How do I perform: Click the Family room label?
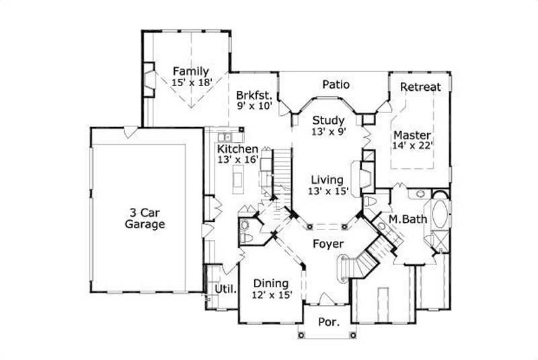click(190, 71)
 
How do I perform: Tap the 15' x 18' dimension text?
click(192, 82)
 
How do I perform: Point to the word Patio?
click(336, 85)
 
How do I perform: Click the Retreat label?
click(420, 87)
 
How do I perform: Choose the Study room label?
click(328, 121)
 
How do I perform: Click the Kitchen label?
click(237, 148)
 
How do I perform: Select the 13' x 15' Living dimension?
click(328, 192)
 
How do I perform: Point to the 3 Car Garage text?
click(145, 218)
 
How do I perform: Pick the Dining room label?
click(271, 283)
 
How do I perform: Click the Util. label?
click(225, 289)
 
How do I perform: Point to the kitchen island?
click(237, 179)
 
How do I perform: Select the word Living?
click(328, 180)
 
